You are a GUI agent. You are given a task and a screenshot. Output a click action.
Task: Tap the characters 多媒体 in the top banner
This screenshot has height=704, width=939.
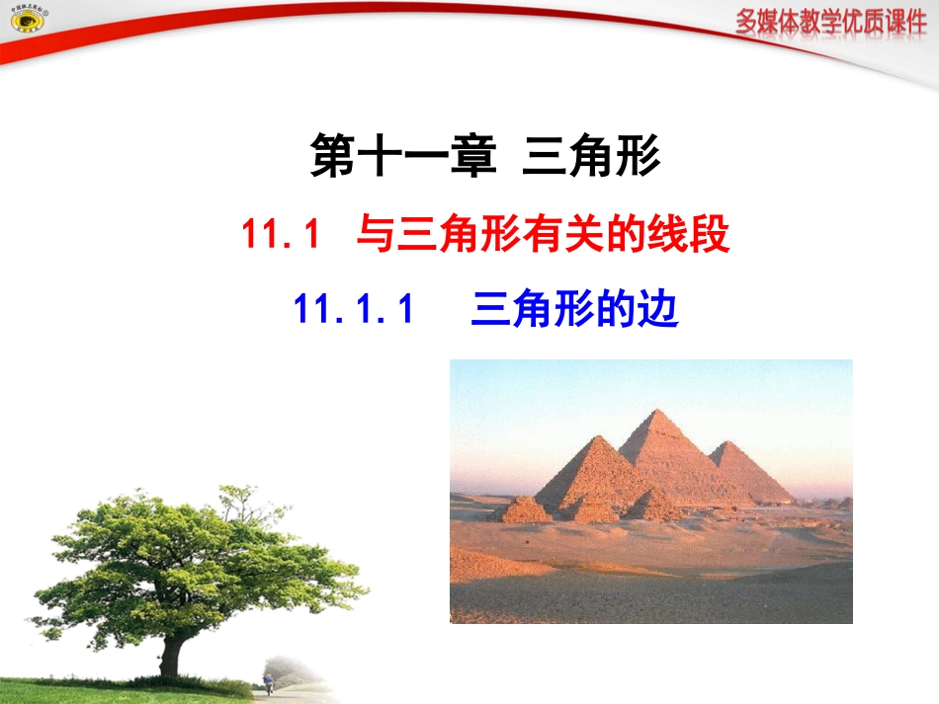pyautogui.click(x=766, y=23)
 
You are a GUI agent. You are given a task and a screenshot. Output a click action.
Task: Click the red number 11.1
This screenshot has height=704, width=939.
pyautogui.click(x=282, y=237)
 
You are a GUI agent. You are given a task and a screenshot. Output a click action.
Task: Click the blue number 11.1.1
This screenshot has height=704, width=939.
pyautogui.click(x=352, y=310)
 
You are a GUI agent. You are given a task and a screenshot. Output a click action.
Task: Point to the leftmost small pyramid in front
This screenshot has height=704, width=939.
pyautogui.click(x=524, y=509)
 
